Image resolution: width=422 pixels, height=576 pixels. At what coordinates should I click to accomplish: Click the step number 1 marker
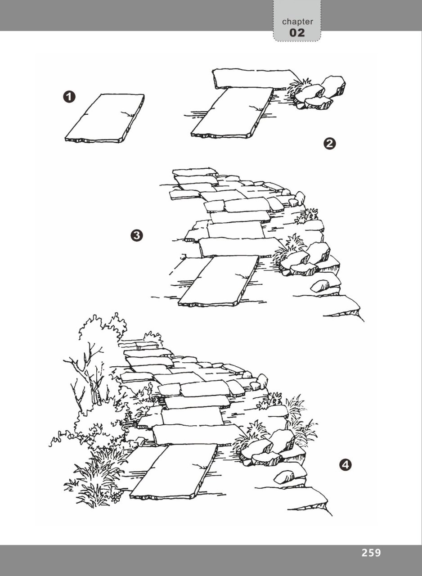[x=70, y=97]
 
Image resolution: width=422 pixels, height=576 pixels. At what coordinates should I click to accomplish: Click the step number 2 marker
[x=330, y=144]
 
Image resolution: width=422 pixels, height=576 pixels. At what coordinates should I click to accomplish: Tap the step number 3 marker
[x=136, y=235]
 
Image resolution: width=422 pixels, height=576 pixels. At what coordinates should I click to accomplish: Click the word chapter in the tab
[x=297, y=22]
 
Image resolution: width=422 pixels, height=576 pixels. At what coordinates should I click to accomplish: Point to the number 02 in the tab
[x=297, y=33]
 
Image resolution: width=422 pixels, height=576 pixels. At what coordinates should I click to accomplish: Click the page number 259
[x=371, y=553]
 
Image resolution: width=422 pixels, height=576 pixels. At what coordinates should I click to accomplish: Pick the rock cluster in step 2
[x=322, y=94]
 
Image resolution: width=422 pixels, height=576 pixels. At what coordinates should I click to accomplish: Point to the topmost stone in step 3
[x=194, y=172]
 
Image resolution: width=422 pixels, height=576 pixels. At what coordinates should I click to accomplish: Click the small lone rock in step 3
[x=319, y=285]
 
